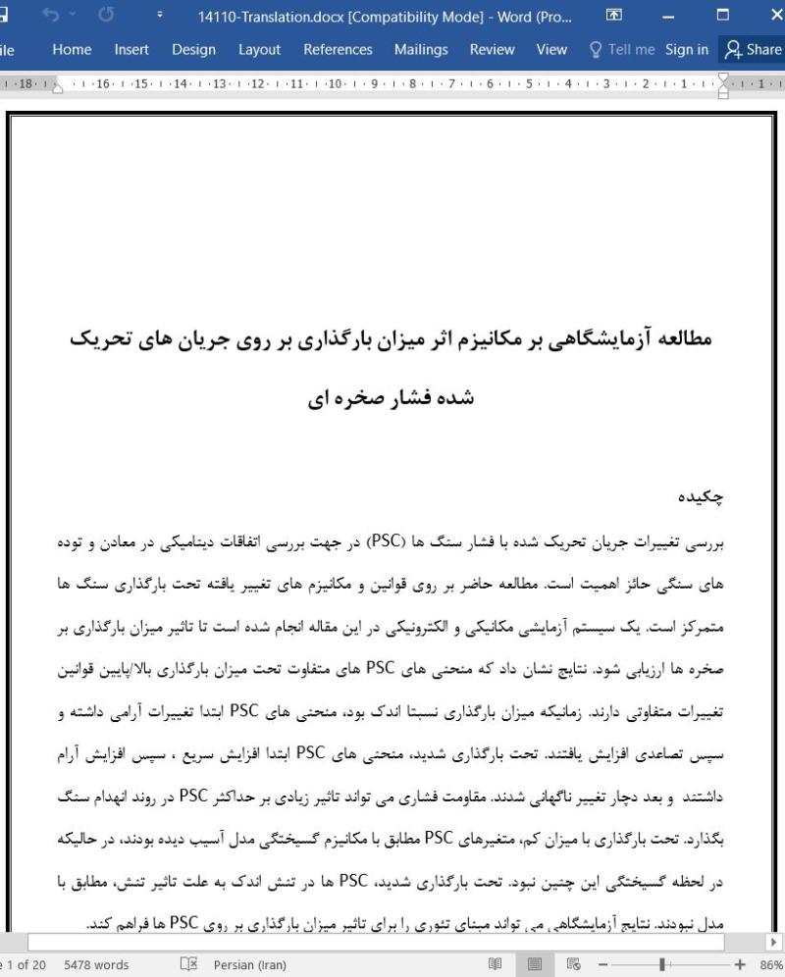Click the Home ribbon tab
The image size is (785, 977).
click(x=73, y=49)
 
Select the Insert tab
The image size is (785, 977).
click(x=131, y=49)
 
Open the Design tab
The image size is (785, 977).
click(x=193, y=49)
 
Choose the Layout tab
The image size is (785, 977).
click(x=259, y=49)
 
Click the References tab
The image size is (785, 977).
click(x=338, y=49)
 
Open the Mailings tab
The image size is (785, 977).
click(x=421, y=49)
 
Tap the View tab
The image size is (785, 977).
click(x=551, y=49)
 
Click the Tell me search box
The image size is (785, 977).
click(x=620, y=49)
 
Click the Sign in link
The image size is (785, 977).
click(x=686, y=49)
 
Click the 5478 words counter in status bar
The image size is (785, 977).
click(x=96, y=964)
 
